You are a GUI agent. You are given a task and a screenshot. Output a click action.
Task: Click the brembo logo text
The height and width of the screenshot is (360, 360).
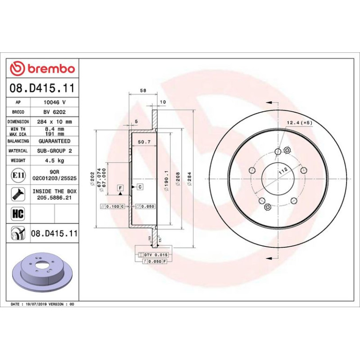[51, 68]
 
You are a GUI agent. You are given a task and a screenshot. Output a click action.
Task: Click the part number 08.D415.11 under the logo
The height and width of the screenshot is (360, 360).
[42, 88]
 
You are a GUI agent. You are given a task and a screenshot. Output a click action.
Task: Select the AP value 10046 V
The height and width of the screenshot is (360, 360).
[55, 102]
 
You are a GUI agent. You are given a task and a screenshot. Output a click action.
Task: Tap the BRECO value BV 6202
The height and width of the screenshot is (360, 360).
[54, 112]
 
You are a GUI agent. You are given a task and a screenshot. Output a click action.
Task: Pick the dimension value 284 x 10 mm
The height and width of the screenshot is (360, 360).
[54, 122]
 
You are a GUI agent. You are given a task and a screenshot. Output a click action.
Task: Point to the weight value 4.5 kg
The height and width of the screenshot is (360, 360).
[54, 160]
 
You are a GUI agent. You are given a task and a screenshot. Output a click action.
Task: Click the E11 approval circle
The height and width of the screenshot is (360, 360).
[18, 175]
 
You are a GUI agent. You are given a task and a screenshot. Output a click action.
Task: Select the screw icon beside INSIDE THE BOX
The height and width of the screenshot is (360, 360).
[18, 194]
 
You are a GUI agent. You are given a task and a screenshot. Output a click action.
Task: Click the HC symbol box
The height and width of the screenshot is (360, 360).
[18, 214]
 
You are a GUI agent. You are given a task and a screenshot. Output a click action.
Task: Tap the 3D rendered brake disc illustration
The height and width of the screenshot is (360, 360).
[42, 272]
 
